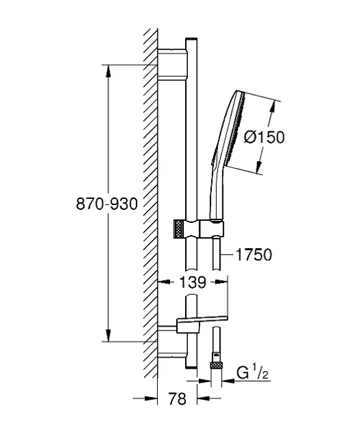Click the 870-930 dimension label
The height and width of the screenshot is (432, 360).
pos(106,204)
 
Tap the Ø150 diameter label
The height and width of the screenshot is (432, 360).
pos(264,137)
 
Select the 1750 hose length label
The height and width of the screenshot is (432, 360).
pos(254,254)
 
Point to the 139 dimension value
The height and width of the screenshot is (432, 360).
pos(193,282)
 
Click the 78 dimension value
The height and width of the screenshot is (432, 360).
pos(177,398)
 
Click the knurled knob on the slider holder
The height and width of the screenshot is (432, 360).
pos(178,228)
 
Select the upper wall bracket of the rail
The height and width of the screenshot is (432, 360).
pos(172,64)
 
